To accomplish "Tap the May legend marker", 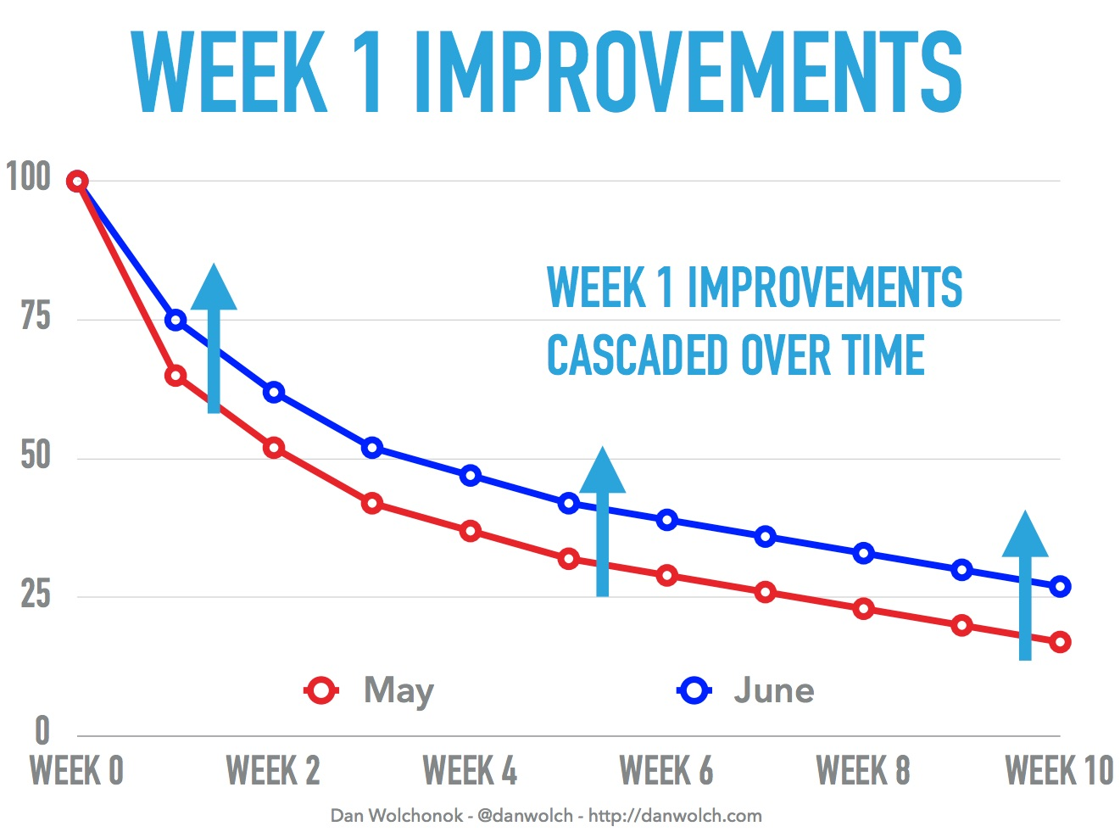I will click(x=321, y=690).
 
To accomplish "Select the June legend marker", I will click(x=694, y=690).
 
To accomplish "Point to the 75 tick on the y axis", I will click(x=36, y=317).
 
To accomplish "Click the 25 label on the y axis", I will click(x=36, y=595).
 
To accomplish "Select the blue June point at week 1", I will click(x=176, y=320).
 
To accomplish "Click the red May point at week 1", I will click(x=176, y=376).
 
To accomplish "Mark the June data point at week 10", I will click(x=1060, y=586).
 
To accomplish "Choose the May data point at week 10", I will click(x=1060, y=642).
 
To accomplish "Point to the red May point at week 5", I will click(x=569, y=559).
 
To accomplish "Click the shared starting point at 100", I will click(x=77, y=181).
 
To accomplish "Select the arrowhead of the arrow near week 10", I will click(x=1025, y=535).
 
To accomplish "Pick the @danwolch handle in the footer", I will click(x=525, y=816).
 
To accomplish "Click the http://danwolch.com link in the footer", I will click(x=675, y=816).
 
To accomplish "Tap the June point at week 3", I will click(x=371, y=448).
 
